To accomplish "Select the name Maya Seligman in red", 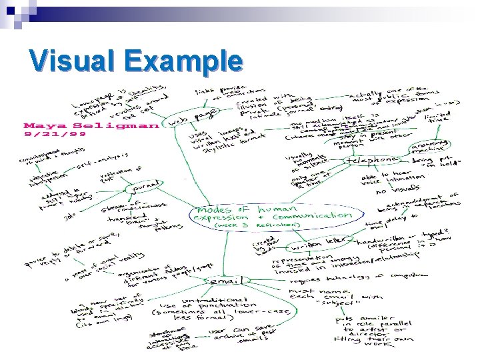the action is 91,125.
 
